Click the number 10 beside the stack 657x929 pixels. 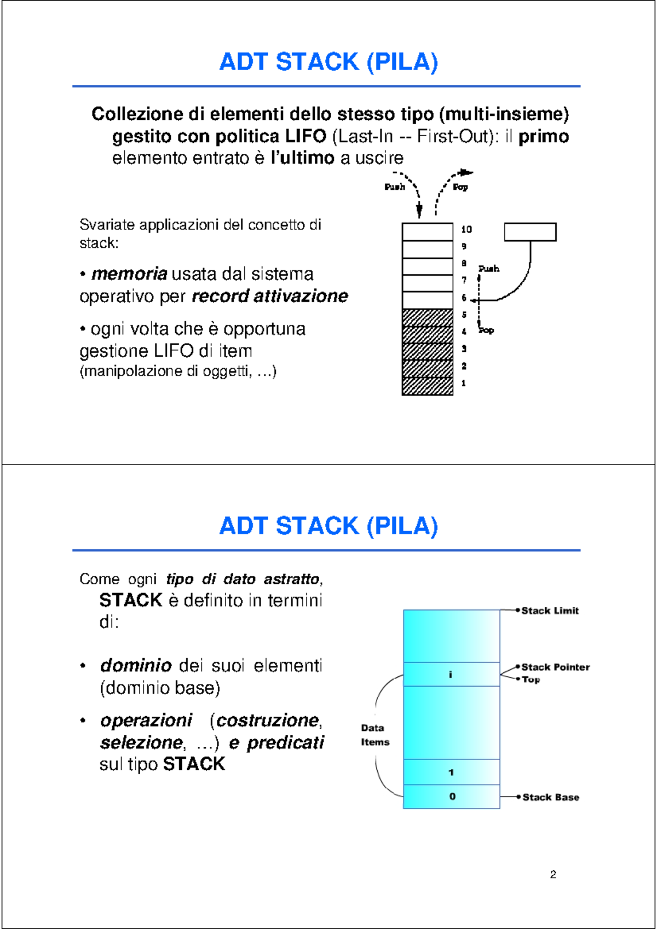pyautogui.click(x=466, y=229)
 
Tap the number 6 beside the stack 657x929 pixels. pyautogui.click(x=464, y=298)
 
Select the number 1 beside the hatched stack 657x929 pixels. pyautogui.click(x=464, y=383)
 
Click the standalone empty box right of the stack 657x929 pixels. pyautogui.click(x=530, y=232)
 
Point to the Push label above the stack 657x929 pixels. pyautogui.click(x=395, y=187)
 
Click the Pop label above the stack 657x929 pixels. pyautogui.click(x=460, y=187)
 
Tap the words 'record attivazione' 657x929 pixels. pyautogui.click(x=270, y=296)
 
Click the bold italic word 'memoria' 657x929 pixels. pyautogui.click(x=129, y=274)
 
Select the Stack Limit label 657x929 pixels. pyautogui.click(x=550, y=611)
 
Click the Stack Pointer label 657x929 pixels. pyautogui.click(x=555, y=667)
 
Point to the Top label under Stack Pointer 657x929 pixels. pyautogui.click(x=531, y=680)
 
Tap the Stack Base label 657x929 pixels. pyautogui.click(x=551, y=797)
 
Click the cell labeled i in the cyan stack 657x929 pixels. pyautogui.click(x=451, y=675)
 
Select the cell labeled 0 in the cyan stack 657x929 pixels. pyautogui.click(x=452, y=797)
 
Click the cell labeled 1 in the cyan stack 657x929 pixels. pyautogui.click(x=451, y=773)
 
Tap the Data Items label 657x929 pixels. pyautogui.click(x=374, y=735)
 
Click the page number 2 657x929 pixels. pyautogui.click(x=553, y=874)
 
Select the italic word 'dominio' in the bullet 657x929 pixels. pyautogui.click(x=136, y=665)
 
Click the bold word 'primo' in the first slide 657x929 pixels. pyautogui.click(x=544, y=136)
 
